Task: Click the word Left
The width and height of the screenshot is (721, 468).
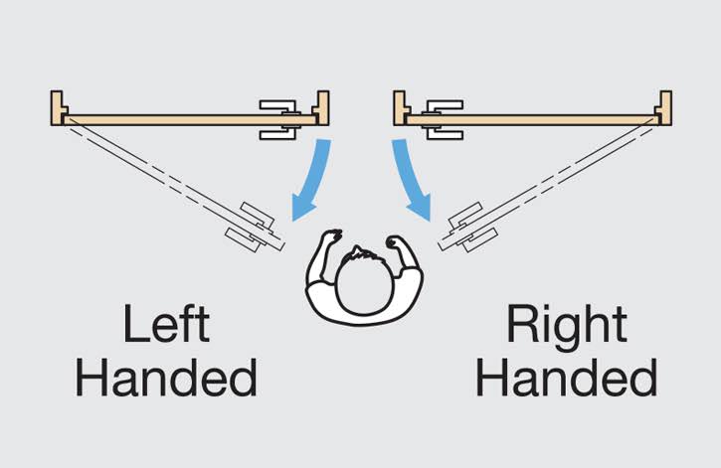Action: [x=166, y=324]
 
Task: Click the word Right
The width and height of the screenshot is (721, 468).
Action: [x=567, y=324]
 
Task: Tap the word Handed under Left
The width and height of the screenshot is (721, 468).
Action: [x=166, y=378]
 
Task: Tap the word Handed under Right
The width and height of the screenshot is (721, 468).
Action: [x=567, y=378]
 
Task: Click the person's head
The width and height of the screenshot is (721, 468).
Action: [x=364, y=285]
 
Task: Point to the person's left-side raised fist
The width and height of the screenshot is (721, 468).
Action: [x=331, y=238]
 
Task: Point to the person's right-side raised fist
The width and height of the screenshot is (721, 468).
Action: [x=397, y=243]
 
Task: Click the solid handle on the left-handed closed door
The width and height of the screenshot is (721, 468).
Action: [x=279, y=120]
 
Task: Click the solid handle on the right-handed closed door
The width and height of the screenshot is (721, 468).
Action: [x=443, y=120]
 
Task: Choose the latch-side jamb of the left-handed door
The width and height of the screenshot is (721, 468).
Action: [x=322, y=108]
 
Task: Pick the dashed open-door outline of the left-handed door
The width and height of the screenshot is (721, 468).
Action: [x=174, y=184]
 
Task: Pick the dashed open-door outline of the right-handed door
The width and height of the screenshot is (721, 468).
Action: [x=547, y=184]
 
